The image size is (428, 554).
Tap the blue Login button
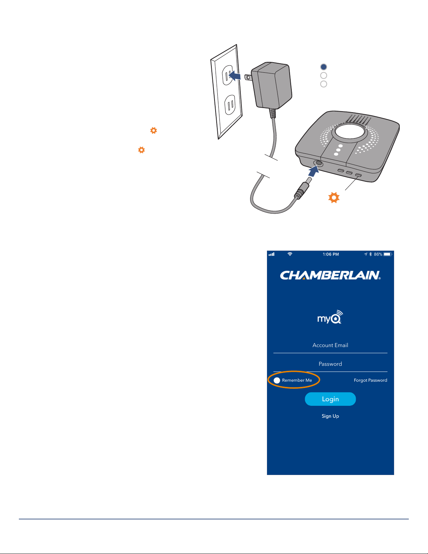click(x=330, y=399)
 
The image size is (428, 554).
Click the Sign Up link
click(x=330, y=416)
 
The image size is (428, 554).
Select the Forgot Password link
click(x=370, y=380)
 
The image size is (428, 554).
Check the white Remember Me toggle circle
click(x=277, y=380)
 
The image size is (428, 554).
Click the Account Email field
click(x=330, y=345)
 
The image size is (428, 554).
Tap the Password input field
click(x=330, y=364)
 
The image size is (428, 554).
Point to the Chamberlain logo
click(x=330, y=275)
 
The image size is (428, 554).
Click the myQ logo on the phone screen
click(x=330, y=317)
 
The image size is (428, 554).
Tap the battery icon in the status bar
click(x=387, y=254)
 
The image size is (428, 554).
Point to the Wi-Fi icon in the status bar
click(x=290, y=254)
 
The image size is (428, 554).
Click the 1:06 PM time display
click(x=331, y=254)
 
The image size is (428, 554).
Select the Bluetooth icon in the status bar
click(x=371, y=254)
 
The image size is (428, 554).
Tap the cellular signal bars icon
click(x=271, y=254)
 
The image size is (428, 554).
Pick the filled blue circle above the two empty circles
click(x=324, y=67)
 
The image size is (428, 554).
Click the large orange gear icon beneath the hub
click(x=334, y=197)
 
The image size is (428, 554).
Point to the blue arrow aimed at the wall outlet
click(x=235, y=76)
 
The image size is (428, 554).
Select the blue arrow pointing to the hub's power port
click(x=314, y=171)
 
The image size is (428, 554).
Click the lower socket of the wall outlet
click(x=230, y=105)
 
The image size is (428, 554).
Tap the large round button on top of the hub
click(x=349, y=132)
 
